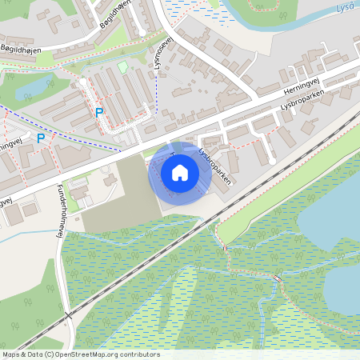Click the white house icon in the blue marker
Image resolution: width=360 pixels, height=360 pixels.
[180, 172]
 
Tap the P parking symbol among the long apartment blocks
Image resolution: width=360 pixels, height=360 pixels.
[99, 113]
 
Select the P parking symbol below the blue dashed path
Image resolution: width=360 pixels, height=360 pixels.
[41, 138]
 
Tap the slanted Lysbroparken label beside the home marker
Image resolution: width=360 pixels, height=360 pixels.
[214, 166]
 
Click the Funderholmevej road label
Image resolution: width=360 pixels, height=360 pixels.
[60, 212]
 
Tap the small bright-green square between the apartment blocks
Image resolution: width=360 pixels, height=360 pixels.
[122, 68]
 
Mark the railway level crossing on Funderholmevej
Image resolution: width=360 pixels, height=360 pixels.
[69, 315]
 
